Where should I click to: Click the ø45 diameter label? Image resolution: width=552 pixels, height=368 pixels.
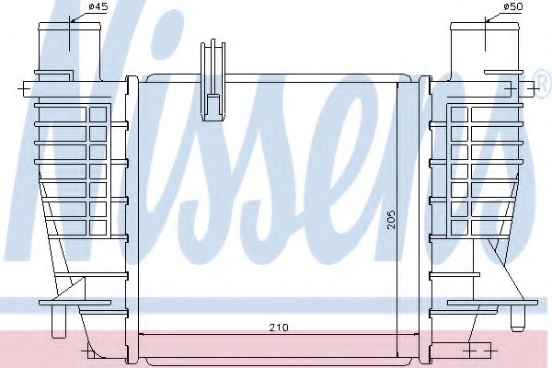tap(98, 6)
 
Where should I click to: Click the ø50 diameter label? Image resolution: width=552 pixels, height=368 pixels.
tap(513, 6)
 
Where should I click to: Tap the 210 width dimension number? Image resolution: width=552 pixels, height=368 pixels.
tap(279, 328)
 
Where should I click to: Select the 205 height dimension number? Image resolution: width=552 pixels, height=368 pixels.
tap(392, 220)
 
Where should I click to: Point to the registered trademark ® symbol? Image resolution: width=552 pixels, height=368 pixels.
tap(543, 84)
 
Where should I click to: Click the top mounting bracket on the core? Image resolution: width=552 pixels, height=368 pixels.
tap(213, 80)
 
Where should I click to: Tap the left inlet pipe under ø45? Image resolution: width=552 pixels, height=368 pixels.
tap(70, 50)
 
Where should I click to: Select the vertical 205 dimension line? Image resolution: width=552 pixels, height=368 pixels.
tap(397, 219)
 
